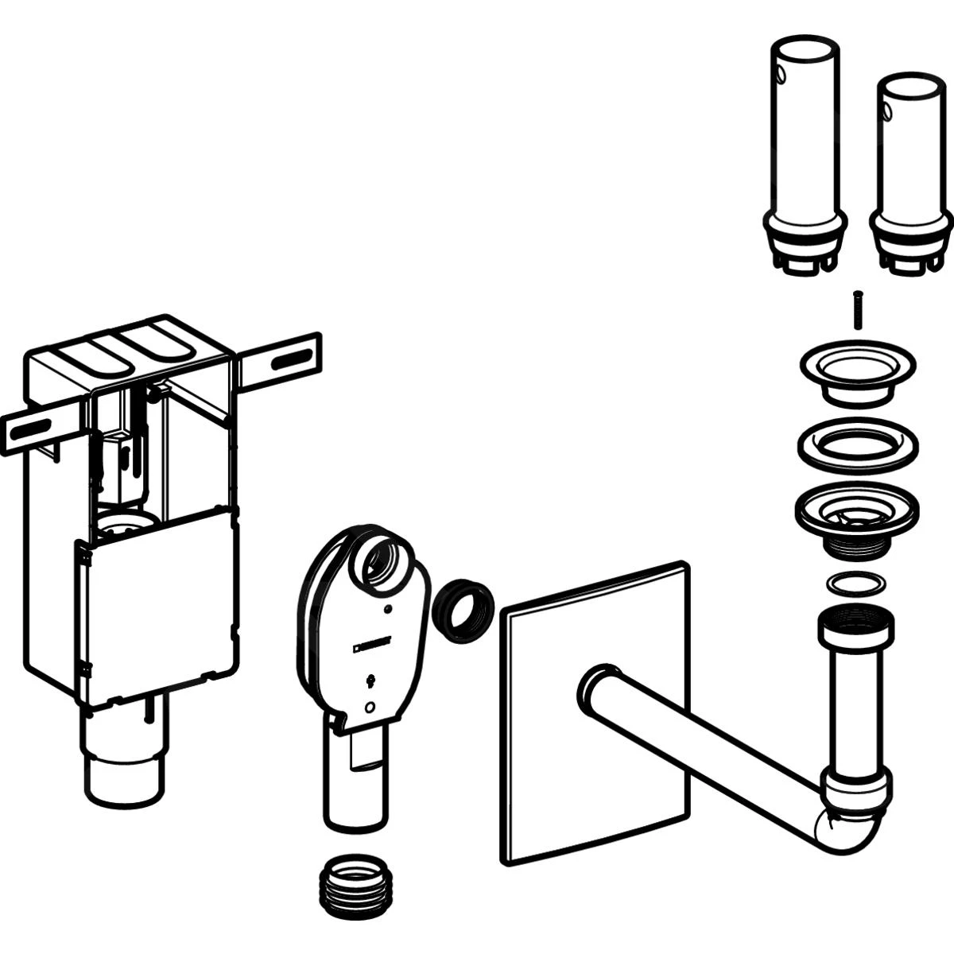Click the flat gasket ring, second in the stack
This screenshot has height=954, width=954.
[x=856, y=442]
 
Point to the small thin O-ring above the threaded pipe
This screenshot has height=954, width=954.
[x=855, y=584]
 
